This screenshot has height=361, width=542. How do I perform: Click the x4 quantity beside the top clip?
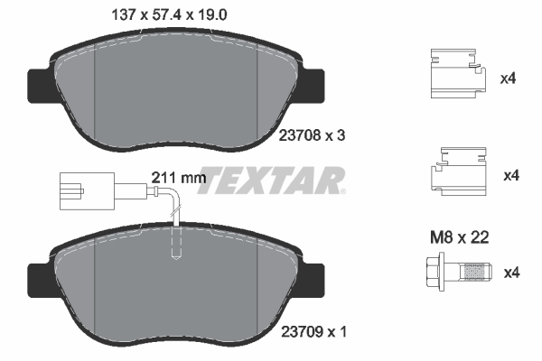[x=509, y=79]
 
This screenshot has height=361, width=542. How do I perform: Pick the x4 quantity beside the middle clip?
[x=509, y=174]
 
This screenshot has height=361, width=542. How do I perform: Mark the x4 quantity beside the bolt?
[x=509, y=272]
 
